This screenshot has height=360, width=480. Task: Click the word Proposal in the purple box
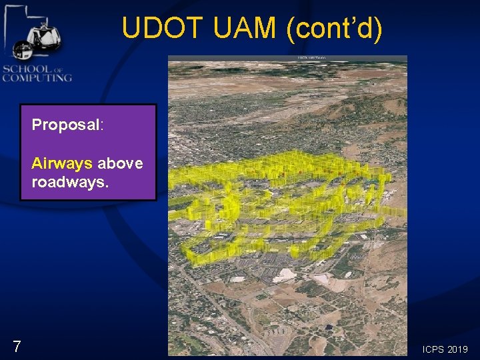click(65, 125)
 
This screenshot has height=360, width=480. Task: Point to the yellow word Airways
click(61, 163)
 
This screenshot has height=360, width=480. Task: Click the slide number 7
click(17, 346)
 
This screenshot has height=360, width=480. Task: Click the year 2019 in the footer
click(458, 349)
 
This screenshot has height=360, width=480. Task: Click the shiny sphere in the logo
click(22, 50)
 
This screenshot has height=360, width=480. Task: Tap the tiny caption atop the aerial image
click(311, 58)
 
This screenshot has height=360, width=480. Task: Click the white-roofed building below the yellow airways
click(284, 275)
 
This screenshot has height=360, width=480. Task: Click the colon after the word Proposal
click(101, 125)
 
